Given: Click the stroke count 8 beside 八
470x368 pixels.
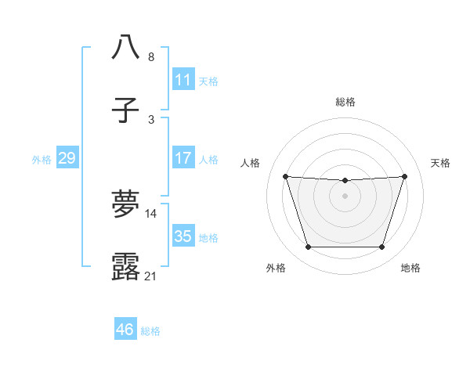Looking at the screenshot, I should click(151, 57).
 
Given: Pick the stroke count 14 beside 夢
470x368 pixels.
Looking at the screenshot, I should click(151, 213).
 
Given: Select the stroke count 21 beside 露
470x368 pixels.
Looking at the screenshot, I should click(151, 276).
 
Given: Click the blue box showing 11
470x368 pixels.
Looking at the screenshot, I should click(183, 80).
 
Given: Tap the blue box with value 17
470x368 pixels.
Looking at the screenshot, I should click(183, 158).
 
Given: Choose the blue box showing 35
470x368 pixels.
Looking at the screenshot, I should click(183, 236).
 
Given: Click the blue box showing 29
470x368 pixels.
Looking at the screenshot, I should click(67, 159).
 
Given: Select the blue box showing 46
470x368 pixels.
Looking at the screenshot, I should click(125, 330).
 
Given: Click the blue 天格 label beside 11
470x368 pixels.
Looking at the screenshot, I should click(208, 81).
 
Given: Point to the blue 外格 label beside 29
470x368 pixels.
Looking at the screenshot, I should click(42, 160).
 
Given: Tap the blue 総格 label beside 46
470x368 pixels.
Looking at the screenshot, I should click(150, 331).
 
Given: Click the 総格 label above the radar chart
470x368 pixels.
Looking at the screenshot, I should click(345, 102).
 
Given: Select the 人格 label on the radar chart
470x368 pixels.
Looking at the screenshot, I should click(251, 163).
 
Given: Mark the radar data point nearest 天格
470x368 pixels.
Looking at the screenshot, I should click(404, 176).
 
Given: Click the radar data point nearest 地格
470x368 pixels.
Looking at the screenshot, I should click(381, 247).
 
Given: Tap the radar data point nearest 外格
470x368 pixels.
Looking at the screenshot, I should click(308, 247).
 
